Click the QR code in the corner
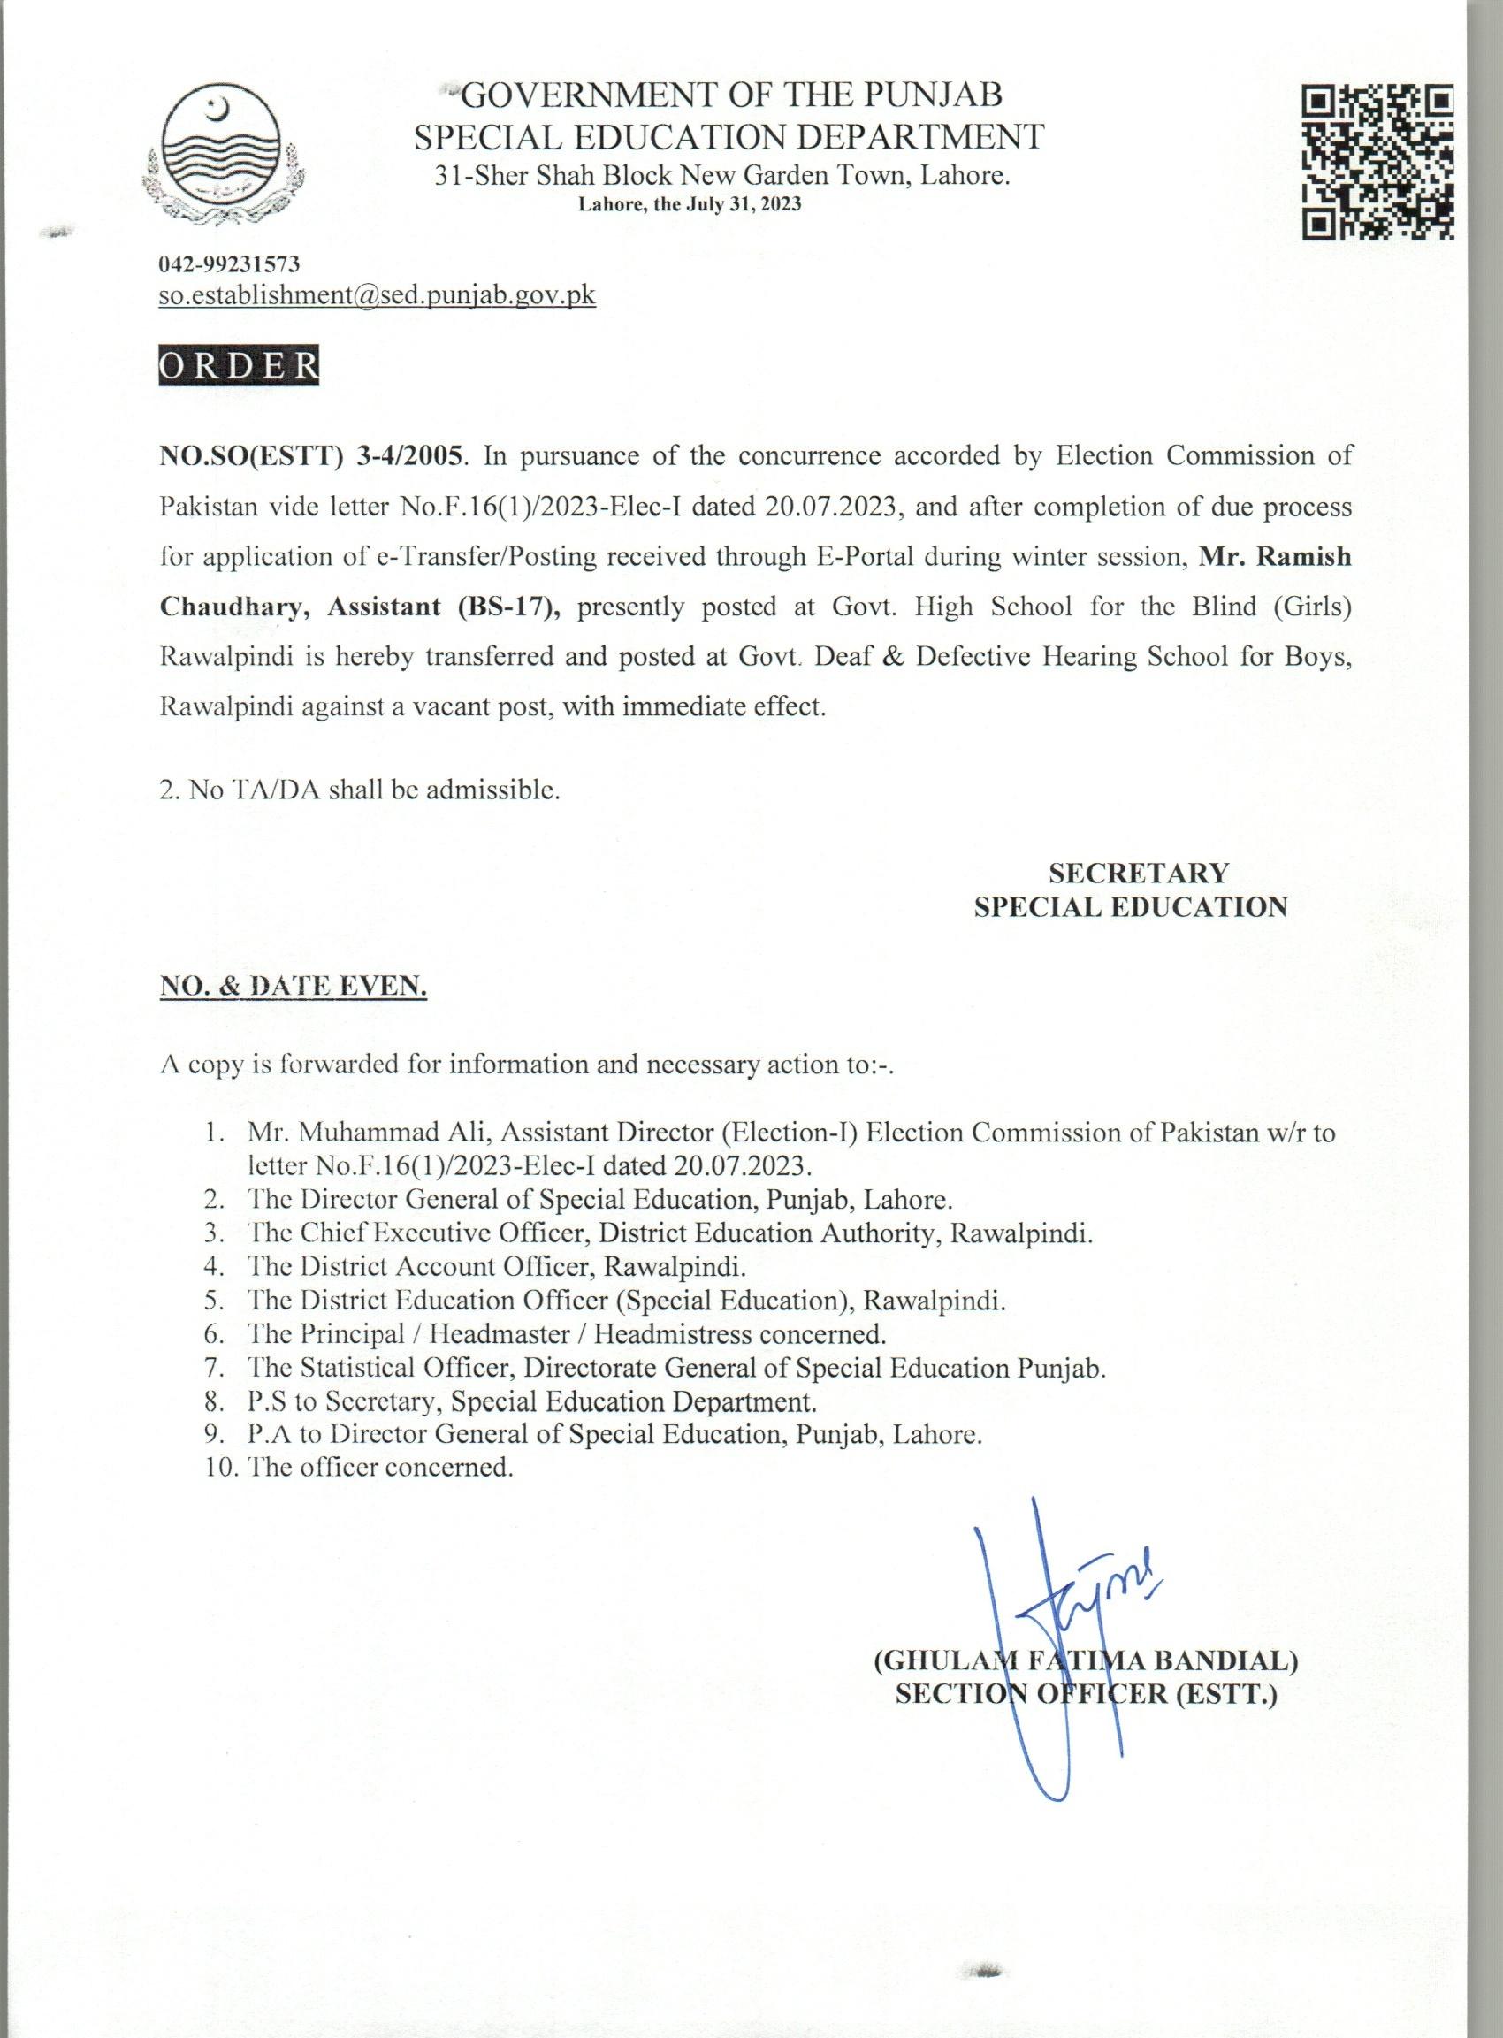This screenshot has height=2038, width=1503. tap(1377, 161)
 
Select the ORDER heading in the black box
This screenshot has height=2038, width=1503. tap(240, 364)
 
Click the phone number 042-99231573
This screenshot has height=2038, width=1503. tap(228, 264)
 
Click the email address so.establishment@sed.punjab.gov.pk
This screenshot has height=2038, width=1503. tap(378, 295)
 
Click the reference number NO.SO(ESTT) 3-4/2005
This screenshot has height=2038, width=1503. tap(312, 456)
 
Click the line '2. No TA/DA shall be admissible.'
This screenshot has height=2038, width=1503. tap(359, 790)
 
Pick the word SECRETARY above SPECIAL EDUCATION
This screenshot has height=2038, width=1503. tap(1138, 874)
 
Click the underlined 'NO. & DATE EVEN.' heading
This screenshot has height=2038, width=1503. tap(293, 986)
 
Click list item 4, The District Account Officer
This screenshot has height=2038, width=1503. tap(496, 1266)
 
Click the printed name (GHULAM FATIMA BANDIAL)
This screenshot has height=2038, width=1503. tap(1086, 1660)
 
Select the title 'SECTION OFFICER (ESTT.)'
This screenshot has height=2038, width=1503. tap(1087, 1694)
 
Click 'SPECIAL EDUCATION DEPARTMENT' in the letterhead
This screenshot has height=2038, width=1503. tap(729, 136)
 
